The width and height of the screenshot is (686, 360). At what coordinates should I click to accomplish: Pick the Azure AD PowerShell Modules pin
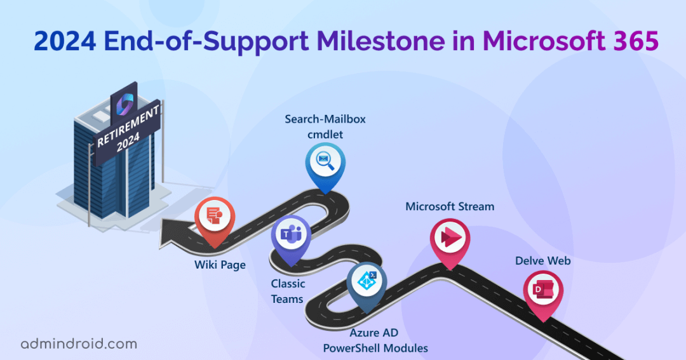point(367,283)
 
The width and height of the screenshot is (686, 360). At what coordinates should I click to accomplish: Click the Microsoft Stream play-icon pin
point(450,239)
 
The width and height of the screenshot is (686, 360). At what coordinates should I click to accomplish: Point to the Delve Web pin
point(542,293)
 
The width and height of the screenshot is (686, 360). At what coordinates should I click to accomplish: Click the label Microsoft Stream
point(450,206)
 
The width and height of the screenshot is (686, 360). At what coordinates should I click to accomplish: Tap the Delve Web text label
point(542,261)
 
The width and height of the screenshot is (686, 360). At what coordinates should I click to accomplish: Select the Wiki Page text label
point(219,265)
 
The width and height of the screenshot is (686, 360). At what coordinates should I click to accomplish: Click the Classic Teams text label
point(288,291)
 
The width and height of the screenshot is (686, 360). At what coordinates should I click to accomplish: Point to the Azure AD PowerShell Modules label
point(375,340)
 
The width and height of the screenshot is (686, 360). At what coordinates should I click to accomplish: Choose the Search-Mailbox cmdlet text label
point(325,126)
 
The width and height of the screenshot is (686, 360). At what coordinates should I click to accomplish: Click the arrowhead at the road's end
point(170,232)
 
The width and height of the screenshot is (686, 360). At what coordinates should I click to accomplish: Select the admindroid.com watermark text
point(79,344)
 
